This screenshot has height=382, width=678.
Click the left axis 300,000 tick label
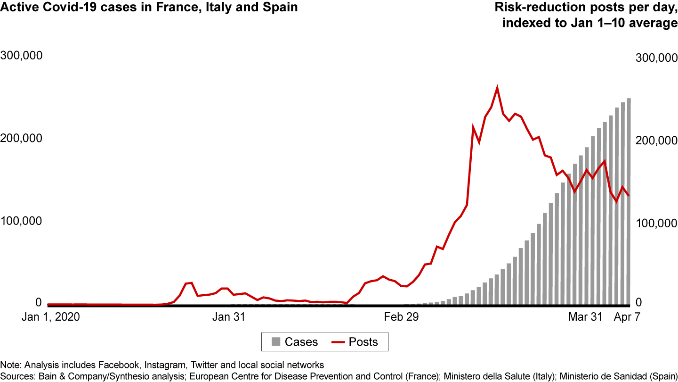(22, 55)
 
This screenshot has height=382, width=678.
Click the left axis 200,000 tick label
(22, 138)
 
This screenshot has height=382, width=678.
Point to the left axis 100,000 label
(22, 221)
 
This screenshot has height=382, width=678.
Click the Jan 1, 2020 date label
(51, 317)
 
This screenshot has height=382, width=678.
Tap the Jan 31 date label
(229, 317)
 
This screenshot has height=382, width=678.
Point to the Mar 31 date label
(585, 317)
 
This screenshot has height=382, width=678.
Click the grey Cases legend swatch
(276, 341)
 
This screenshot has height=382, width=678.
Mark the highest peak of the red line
(497, 88)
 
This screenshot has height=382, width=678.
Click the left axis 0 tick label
(38, 302)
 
